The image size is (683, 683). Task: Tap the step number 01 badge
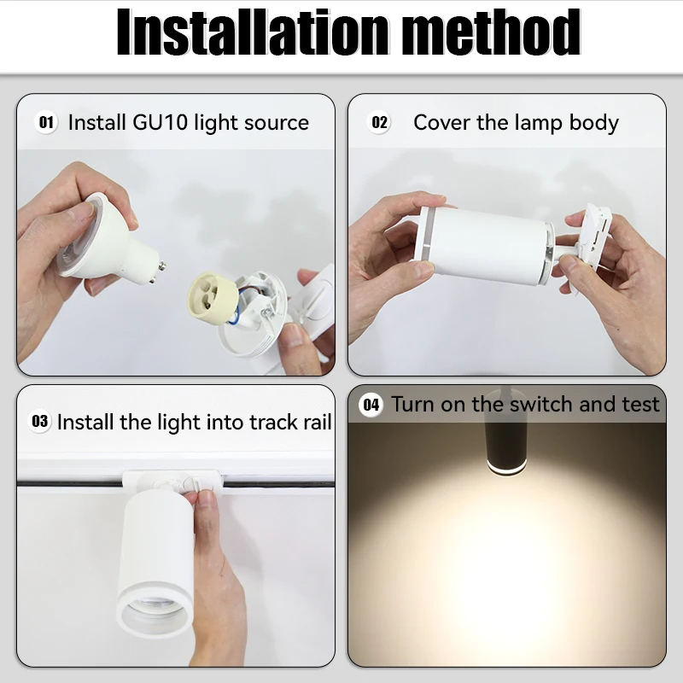[46, 122]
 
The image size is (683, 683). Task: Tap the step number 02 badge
[380, 123]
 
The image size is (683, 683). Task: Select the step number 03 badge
[40, 421]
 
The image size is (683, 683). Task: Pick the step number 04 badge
[371, 405]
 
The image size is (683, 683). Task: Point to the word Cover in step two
[442, 122]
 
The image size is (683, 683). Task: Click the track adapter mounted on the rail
[171, 483]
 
